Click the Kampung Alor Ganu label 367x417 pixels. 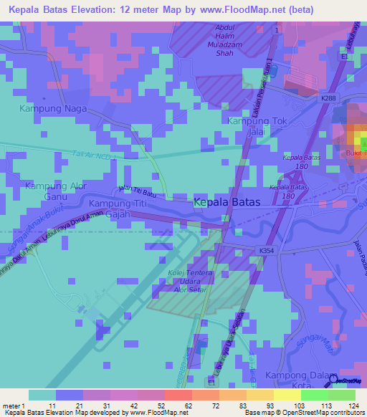click(54, 191)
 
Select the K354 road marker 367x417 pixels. click(267, 249)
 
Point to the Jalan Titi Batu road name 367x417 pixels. click(137, 191)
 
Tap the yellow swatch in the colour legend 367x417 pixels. click(287, 395)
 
